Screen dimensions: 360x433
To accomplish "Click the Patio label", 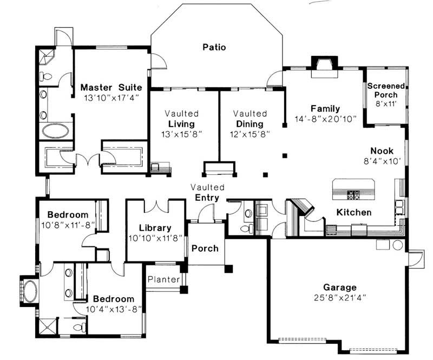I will pyautogui.click(x=214, y=47).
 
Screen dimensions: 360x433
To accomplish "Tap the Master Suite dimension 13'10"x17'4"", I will pyautogui.click(x=111, y=98).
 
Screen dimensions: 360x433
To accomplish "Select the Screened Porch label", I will pyautogui.click(x=385, y=90).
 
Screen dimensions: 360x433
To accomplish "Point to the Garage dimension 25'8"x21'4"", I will pyautogui.click(x=340, y=298).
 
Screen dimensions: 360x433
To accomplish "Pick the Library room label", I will pyautogui.click(x=155, y=228).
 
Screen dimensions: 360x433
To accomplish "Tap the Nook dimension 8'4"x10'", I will pyautogui.click(x=382, y=161).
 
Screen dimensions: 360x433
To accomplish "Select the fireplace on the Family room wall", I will pyautogui.click(x=324, y=64).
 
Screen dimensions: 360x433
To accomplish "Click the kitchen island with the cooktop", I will pyautogui.click(x=352, y=189).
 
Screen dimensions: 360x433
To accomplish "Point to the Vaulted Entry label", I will pyautogui.click(x=207, y=192).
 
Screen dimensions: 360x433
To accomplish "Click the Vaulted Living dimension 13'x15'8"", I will pyautogui.click(x=182, y=133).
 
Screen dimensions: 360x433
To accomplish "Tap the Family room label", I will pyautogui.click(x=325, y=108).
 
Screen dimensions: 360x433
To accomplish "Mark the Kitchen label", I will pyautogui.click(x=354, y=212).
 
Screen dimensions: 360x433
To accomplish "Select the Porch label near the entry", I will pyautogui.click(x=206, y=248).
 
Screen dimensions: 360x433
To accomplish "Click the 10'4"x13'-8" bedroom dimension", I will pyautogui.click(x=114, y=309).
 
